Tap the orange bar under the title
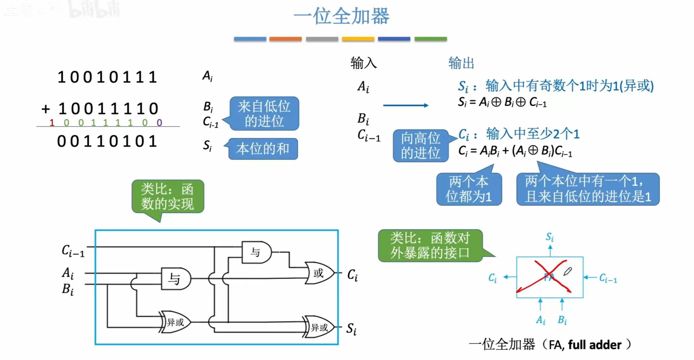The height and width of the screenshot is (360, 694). pyautogui.click(x=285, y=39)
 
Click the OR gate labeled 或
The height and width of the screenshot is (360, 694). pyautogui.click(x=318, y=273)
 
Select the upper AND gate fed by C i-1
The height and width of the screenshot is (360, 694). pyautogui.click(x=256, y=253)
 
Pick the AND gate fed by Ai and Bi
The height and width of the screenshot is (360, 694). pyautogui.click(x=175, y=279)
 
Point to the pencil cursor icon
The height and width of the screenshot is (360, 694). pyautogui.click(x=567, y=271)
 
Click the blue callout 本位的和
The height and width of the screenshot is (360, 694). pyautogui.click(x=263, y=149)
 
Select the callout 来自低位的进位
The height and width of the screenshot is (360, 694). pyautogui.click(x=264, y=114)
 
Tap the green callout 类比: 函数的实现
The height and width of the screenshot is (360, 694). pyautogui.click(x=168, y=197)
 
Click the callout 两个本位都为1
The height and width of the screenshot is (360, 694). pyautogui.click(x=469, y=189)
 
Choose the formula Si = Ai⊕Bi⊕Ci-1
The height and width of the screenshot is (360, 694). pyautogui.click(x=502, y=102)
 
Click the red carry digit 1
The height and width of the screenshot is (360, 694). pyautogui.click(x=52, y=123)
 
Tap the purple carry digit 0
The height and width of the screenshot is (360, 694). pyautogui.click(x=159, y=123)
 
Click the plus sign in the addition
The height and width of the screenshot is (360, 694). pyautogui.click(x=46, y=109)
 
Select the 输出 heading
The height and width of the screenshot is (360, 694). pyautogui.click(x=461, y=63)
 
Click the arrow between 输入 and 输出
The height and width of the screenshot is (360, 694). pyautogui.click(x=405, y=105)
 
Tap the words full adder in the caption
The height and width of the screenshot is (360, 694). pyautogui.click(x=595, y=345)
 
